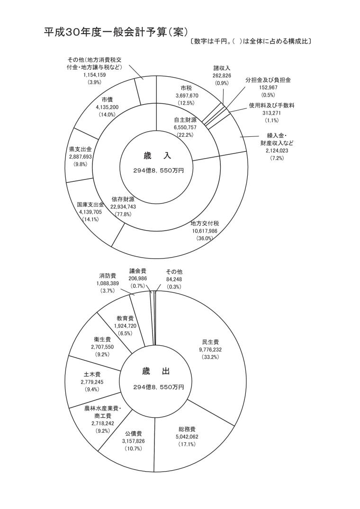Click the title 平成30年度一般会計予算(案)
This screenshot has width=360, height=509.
coord(116,32)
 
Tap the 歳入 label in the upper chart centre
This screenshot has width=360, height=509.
coord(156,156)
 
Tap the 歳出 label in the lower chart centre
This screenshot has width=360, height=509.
coord(156,372)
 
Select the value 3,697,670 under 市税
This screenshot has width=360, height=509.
coord(187,96)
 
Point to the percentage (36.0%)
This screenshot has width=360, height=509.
coord(205,238)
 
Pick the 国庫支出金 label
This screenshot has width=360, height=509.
coord(90,205)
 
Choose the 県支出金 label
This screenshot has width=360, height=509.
coord(80,149)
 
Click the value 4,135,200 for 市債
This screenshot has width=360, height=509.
coord(107,107)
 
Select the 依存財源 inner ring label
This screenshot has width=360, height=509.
coord(123,199)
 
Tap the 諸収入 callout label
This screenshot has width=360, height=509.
coord(222,68)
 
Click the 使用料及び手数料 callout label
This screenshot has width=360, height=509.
coord(272,106)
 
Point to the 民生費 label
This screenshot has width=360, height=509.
coord(210,342)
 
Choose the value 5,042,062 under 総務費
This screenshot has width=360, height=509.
coord(187,437)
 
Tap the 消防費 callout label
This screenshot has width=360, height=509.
coord(108,276)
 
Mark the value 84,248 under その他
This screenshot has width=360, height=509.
coord(174,279)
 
